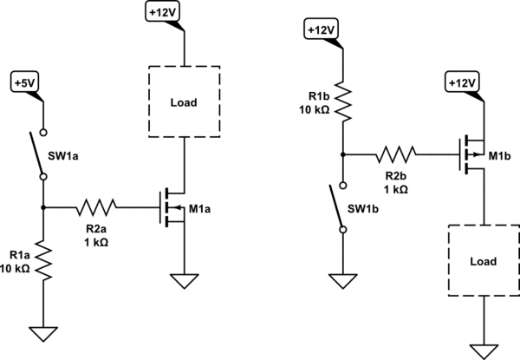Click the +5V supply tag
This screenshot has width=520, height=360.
25,83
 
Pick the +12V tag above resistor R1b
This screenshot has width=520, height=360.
322,30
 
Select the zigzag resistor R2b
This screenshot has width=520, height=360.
396,155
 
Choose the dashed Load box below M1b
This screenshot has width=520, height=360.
480,259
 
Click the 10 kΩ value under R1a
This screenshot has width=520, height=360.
16,269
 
